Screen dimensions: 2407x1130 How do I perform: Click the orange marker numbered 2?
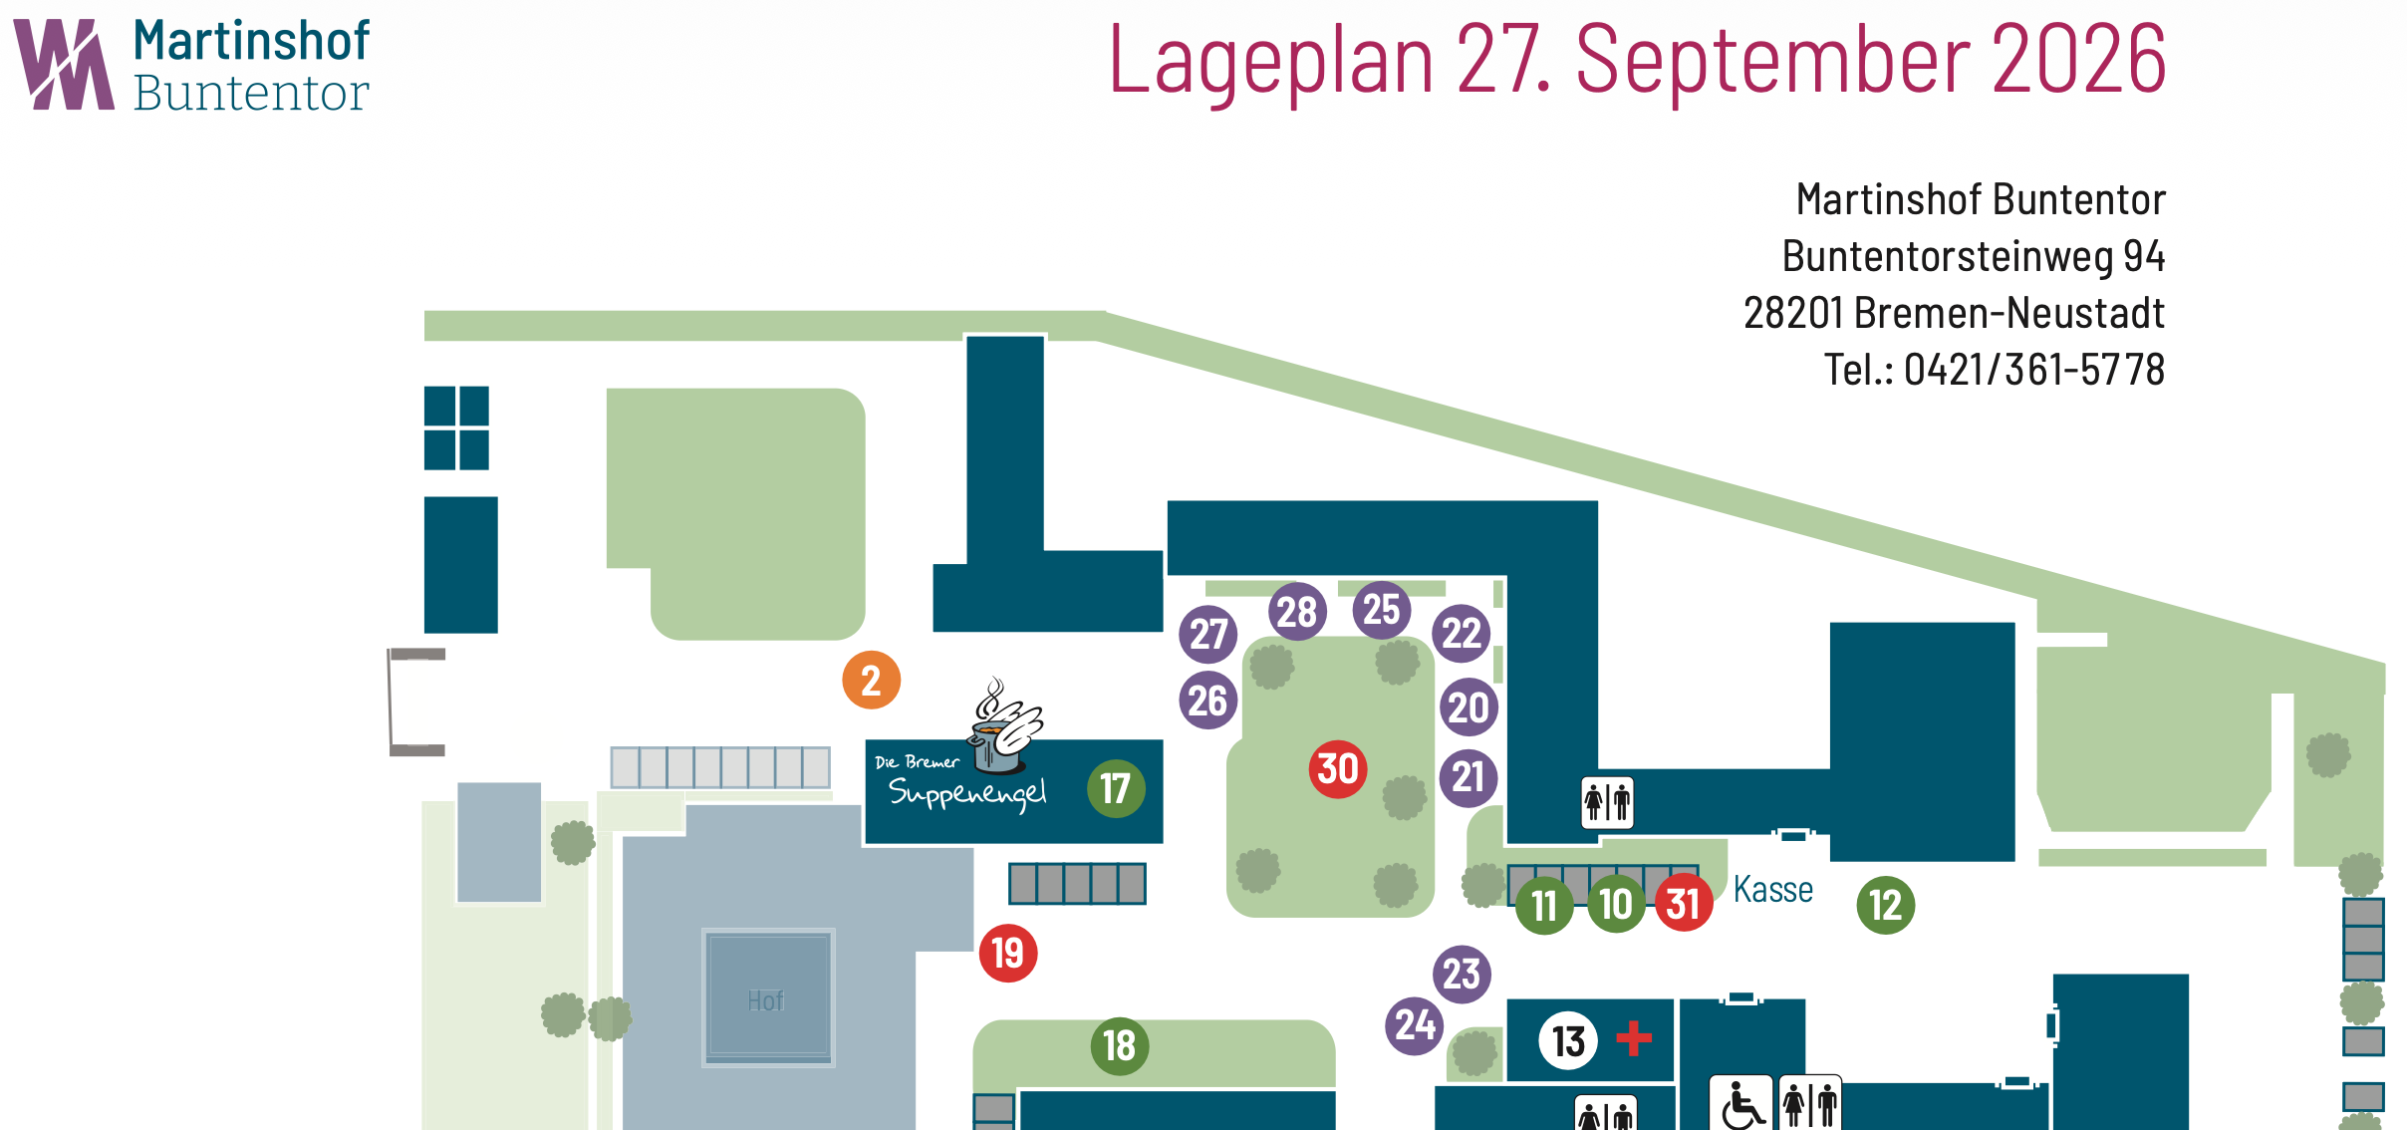click(x=872, y=681)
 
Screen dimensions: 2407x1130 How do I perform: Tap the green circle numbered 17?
click(x=1116, y=789)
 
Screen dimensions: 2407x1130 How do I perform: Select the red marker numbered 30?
click(x=1338, y=769)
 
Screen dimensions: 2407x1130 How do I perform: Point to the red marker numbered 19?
click(x=1008, y=954)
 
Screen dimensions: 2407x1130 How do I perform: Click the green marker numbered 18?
click(x=1120, y=1046)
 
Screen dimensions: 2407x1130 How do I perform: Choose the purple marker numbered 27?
click(x=1208, y=635)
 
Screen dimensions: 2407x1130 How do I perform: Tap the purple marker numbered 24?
click(x=1415, y=1025)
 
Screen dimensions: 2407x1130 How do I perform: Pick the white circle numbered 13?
click(x=1569, y=1041)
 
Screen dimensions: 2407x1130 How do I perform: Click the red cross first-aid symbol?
click(x=1634, y=1038)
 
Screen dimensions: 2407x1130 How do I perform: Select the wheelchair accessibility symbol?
click(x=1741, y=1103)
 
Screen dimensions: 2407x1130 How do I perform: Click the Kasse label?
click(x=1773, y=889)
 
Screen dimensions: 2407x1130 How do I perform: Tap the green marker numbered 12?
click(x=1886, y=905)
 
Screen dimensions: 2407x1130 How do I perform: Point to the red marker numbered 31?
click(x=1684, y=903)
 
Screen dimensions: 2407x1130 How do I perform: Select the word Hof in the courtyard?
click(x=766, y=1000)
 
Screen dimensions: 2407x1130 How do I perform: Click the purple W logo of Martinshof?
click(x=64, y=64)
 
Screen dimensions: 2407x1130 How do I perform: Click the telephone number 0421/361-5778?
click(x=2034, y=370)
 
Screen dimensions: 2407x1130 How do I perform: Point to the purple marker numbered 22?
click(x=1462, y=634)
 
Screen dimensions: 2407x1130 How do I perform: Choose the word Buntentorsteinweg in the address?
click(x=1948, y=256)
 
